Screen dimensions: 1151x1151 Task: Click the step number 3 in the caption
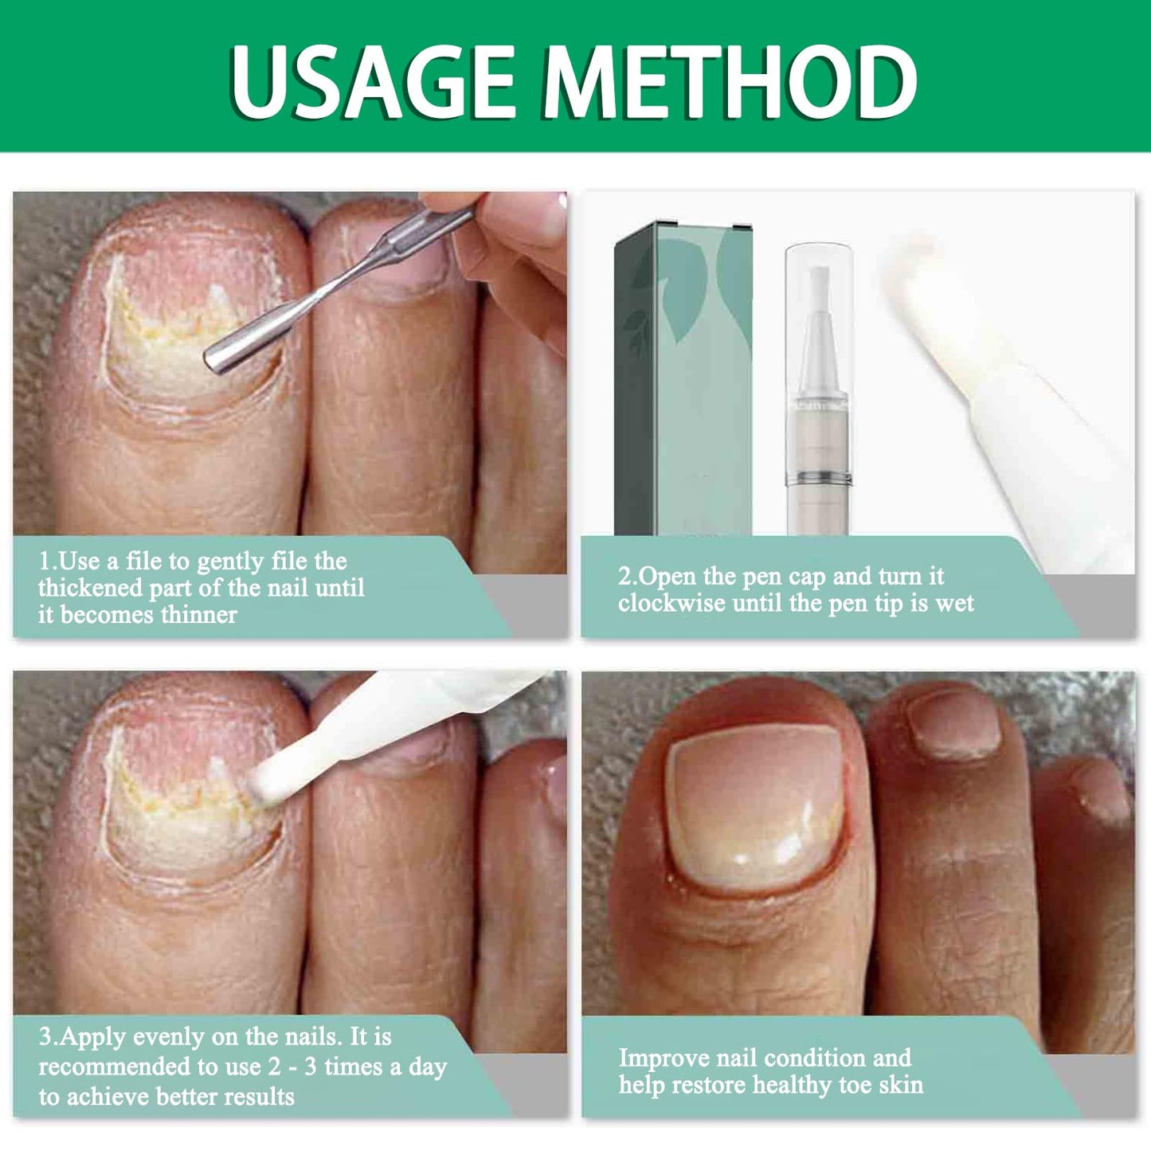point(46,1036)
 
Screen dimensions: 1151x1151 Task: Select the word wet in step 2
point(954,603)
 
